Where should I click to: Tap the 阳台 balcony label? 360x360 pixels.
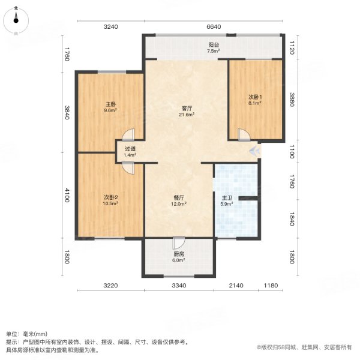coord(213,45)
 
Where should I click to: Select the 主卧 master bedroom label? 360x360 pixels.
coord(110,104)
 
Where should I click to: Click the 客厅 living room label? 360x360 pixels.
coord(187,109)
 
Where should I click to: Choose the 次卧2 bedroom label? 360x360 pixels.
coord(110,197)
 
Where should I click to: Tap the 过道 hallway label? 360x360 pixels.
coord(130,149)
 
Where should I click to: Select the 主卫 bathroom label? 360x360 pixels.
coord(227,197)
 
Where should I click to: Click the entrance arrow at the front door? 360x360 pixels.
coord(256,150)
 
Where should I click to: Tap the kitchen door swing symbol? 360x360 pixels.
coord(178,243)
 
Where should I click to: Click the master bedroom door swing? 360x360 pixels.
coord(130,136)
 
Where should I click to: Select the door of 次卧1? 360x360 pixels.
coord(243,136)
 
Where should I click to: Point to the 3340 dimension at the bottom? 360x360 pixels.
coord(178,286)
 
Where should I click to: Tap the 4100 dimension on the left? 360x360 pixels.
coord(68,196)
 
